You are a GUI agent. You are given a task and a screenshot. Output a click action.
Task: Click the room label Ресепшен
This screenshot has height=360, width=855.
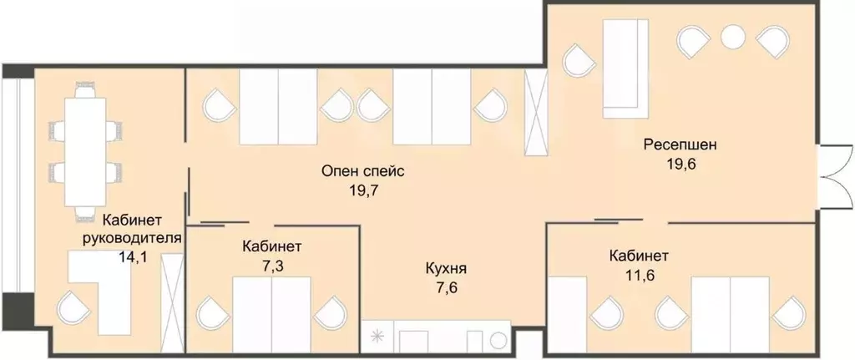680,145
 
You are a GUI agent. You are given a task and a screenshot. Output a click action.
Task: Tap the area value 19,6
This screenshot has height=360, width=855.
680,163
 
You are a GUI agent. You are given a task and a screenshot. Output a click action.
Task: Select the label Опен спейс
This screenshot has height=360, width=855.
362,172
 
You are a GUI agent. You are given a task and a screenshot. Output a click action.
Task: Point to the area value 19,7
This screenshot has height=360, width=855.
362,190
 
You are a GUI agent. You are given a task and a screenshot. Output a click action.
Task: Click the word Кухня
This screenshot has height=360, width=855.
445,270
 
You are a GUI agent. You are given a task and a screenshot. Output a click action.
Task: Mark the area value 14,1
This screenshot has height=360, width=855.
134,257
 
